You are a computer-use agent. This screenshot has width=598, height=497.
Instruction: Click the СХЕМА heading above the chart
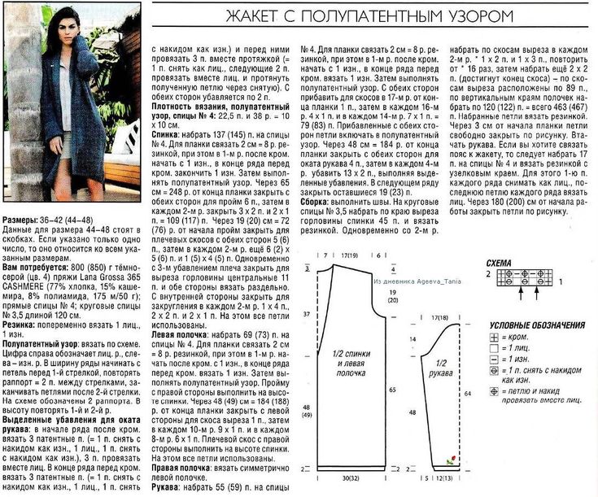[498, 264]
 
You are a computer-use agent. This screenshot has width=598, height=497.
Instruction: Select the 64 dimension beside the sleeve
[467, 392]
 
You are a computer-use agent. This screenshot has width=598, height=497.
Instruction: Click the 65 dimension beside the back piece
[392, 391]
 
